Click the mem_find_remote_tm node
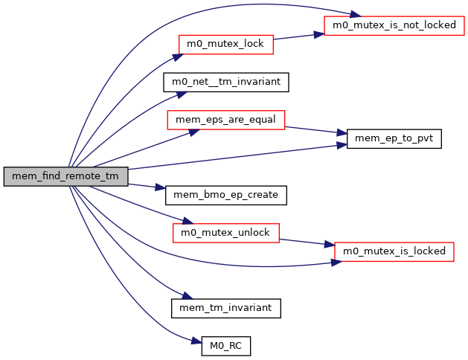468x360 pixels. click(65, 176)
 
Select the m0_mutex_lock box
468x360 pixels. click(225, 44)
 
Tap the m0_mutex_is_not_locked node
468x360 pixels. click(394, 25)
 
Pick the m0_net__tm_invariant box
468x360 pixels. click(225, 82)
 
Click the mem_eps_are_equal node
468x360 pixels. click(225, 120)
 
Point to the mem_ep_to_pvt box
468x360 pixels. click(394, 138)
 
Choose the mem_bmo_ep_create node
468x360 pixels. click(225, 195)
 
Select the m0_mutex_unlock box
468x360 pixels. click(225, 233)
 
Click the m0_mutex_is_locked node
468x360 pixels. click(394, 251)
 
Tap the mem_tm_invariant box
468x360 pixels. click(225, 307)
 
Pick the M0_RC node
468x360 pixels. click(225, 346)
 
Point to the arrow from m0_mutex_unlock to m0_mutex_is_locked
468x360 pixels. click(307, 242)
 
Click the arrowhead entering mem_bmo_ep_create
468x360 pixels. click(161, 193)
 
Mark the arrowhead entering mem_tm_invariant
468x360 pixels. click(179, 298)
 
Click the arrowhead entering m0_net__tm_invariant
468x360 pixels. click(180, 93)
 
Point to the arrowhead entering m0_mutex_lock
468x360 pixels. click(179, 54)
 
